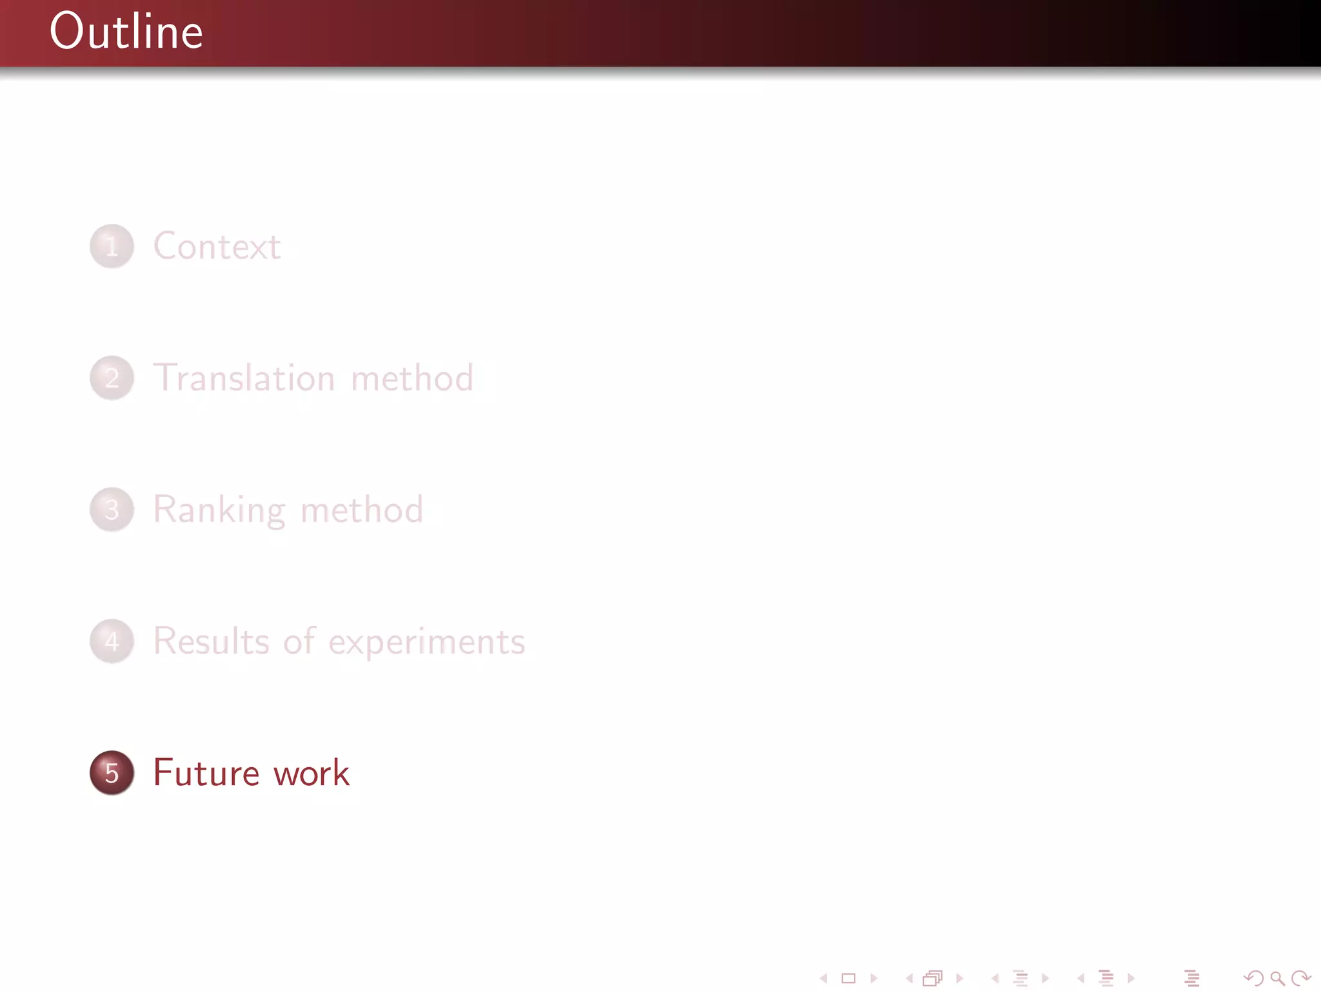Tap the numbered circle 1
tap(112, 246)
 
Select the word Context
tap(217, 246)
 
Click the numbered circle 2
tap(112, 378)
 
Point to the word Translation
tap(244, 378)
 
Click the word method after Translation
tap(412, 378)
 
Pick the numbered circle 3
tap(112, 510)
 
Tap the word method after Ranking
tap(362, 510)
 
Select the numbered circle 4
tap(112, 641)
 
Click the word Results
tap(211, 641)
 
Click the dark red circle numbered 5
tap(112, 773)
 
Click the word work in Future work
tap(312, 773)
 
